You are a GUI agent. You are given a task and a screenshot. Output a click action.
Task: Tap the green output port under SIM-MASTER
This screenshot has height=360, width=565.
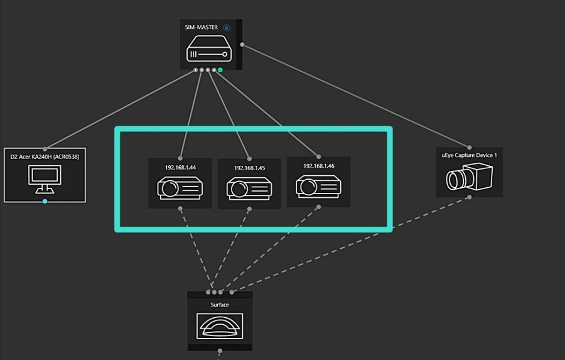[x=220, y=70]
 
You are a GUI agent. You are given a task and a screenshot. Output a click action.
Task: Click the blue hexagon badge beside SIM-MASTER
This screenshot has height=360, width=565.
[x=227, y=28]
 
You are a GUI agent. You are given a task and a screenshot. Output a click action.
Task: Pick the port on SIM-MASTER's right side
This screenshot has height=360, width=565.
[x=242, y=45]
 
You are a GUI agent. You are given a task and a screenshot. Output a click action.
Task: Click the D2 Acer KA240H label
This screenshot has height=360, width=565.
[x=45, y=156]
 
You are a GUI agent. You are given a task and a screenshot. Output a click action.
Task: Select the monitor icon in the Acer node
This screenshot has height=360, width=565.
[x=45, y=179]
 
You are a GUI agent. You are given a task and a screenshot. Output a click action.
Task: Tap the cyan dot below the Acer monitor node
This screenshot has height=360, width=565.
[x=45, y=201]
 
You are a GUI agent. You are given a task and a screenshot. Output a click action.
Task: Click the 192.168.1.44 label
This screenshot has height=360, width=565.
[x=180, y=168]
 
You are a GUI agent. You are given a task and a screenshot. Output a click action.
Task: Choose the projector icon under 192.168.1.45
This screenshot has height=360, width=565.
[x=249, y=188]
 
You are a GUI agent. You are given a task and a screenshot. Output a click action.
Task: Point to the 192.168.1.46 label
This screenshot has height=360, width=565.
[x=318, y=166]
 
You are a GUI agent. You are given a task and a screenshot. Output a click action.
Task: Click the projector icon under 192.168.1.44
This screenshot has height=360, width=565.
[x=180, y=187]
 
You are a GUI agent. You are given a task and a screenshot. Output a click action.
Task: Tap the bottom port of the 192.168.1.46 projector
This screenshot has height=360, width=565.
[x=318, y=206]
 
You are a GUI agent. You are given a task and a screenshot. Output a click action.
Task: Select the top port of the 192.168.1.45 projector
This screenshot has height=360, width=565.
[x=249, y=158]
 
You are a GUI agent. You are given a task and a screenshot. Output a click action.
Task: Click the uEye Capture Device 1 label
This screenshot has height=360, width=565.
[x=469, y=155]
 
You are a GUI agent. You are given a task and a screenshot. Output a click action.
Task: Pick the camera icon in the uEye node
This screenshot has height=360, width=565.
[x=469, y=178]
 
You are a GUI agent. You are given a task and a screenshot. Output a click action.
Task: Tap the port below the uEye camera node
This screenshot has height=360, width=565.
[x=469, y=198]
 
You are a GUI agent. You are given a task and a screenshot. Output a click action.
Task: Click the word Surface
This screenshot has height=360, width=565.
[x=220, y=305]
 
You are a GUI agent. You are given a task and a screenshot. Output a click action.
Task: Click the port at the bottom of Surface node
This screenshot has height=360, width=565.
[x=220, y=351]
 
